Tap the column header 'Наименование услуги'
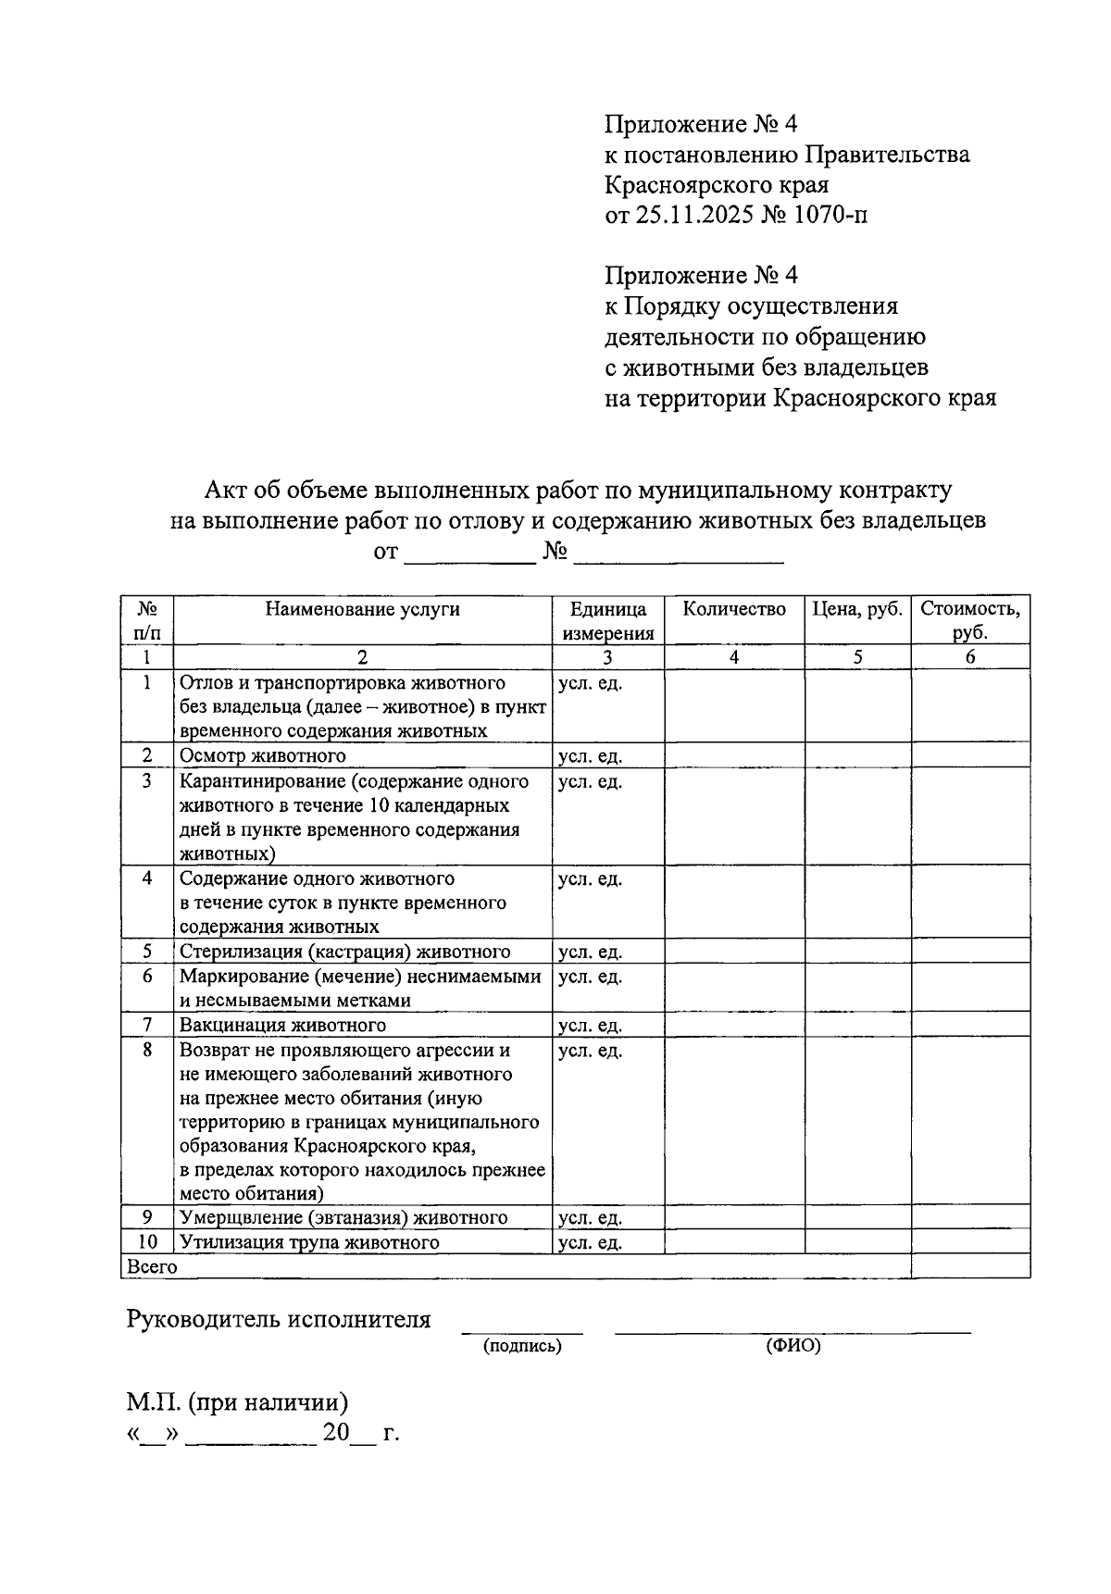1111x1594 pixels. tap(362, 609)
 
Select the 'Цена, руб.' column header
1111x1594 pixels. tap(857, 609)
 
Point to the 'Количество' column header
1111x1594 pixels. tap(733, 609)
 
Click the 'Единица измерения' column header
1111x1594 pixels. tap(607, 621)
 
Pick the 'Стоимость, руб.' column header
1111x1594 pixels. tap(969, 621)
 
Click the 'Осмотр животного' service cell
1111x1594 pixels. tap(263, 756)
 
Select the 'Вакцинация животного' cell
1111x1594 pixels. tap(282, 1026)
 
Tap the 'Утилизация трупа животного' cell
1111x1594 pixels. tap(309, 1242)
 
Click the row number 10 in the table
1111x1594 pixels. tap(147, 1242)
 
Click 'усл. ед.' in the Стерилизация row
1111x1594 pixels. tap(590, 953)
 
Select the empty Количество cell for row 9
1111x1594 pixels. tap(733, 1217)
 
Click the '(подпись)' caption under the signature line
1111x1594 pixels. tap(522, 1347)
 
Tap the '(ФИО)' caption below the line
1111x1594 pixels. tap(793, 1347)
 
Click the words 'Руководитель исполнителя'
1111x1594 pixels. tap(279, 1320)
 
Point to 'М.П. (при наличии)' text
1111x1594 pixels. tap(238, 1403)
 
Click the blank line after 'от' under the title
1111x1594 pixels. tap(470, 554)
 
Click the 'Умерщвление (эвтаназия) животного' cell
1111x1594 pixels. tap(343, 1217)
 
